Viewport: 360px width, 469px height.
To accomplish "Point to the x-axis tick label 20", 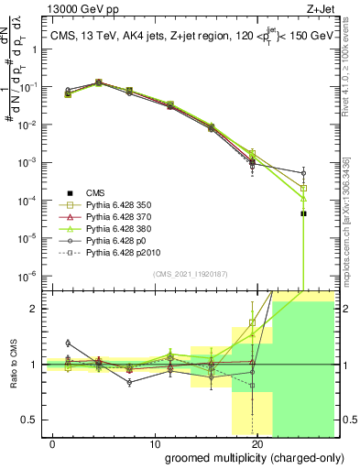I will pyautogui.click(x=257, y=443).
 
